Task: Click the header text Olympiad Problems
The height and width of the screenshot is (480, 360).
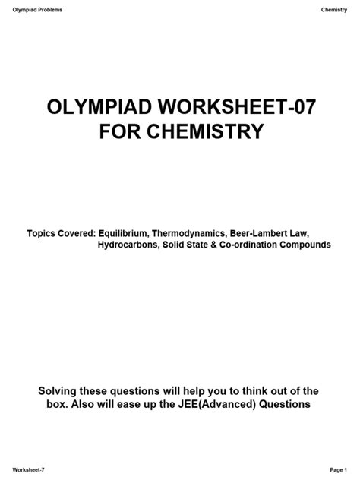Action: click(x=36, y=10)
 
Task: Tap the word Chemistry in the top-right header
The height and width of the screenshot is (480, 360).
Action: click(x=334, y=10)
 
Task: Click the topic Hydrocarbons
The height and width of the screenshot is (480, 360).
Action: click(x=128, y=246)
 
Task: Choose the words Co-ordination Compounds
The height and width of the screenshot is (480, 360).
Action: click(x=280, y=246)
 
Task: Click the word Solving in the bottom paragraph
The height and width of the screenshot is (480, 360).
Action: click(x=58, y=390)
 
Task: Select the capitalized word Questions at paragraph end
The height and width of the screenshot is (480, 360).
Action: click(x=285, y=404)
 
